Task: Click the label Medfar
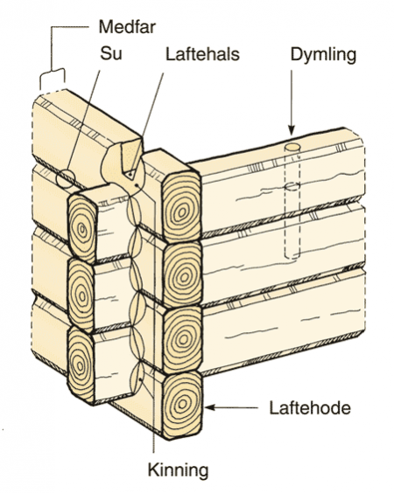(127, 27)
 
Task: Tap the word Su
(111, 54)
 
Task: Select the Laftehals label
(202, 54)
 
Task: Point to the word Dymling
(323, 55)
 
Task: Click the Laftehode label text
(310, 408)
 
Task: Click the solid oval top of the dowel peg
(292, 147)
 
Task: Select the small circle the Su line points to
(66, 178)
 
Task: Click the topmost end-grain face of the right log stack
(182, 208)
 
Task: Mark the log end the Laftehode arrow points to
(182, 406)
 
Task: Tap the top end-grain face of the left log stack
(82, 228)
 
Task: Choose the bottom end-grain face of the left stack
(81, 365)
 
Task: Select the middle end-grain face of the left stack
(81, 295)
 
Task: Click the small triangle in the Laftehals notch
(130, 175)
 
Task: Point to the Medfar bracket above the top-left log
(53, 74)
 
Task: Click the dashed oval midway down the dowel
(292, 187)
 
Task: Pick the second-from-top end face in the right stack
(182, 274)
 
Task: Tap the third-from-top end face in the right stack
(182, 339)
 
